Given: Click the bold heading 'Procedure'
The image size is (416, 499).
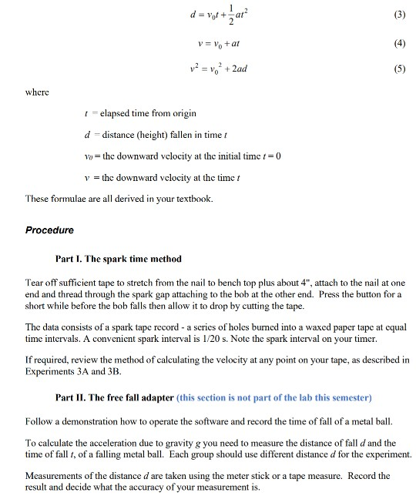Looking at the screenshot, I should (x=49, y=230).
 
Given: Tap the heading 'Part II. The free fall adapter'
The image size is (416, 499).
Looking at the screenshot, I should (x=116, y=397).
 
